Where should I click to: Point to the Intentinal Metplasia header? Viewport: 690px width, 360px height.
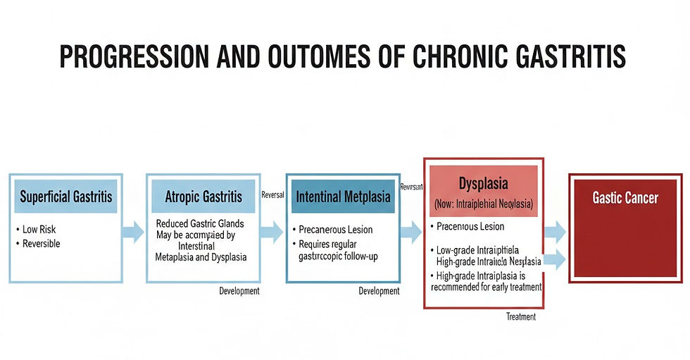[x=343, y=197]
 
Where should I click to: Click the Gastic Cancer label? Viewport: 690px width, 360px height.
[x=625, y=197]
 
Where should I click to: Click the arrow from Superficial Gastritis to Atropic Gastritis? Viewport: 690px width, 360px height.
[x=133, y=232]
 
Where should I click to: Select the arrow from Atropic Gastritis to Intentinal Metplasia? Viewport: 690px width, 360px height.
[x=271, y=232]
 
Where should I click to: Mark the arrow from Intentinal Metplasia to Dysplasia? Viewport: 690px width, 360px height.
[x=410, y=232]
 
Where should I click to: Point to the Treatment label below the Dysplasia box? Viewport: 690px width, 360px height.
[x=520, y=317]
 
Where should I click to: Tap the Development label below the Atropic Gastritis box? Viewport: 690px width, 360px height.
[x=239, y=291]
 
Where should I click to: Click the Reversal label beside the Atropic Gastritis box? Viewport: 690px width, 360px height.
[x=272, y=194]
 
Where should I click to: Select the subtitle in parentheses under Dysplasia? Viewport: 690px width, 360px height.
[x=483, y=204]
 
